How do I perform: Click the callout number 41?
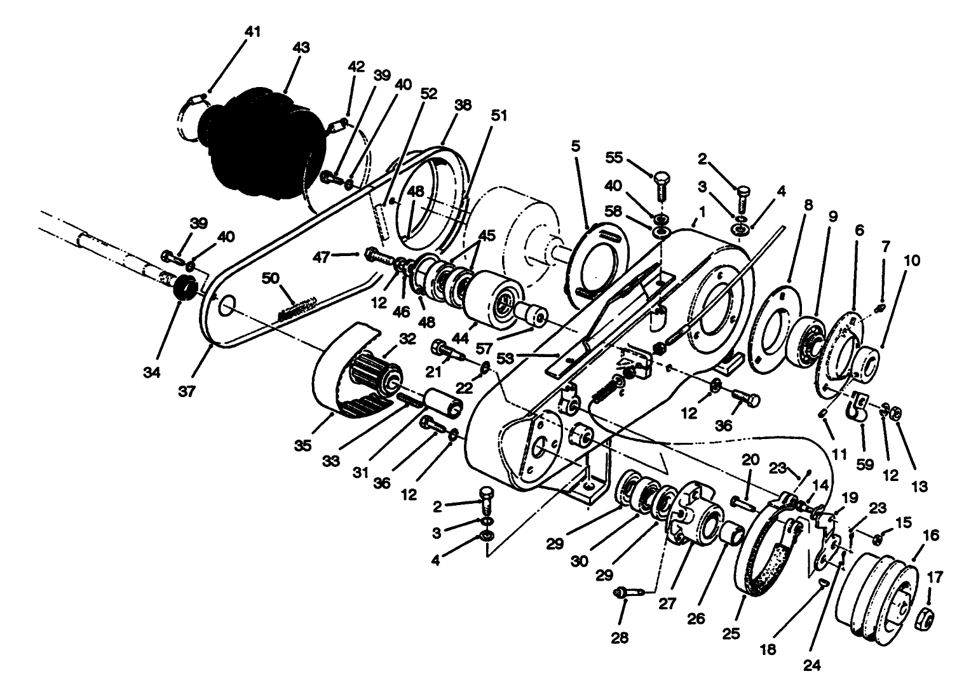[x=253, y=32]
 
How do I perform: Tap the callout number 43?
[x=301, y=48]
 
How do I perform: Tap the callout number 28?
[x=620, y=637]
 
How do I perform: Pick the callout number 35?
[x=303, y=445]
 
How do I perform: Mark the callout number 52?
[x=429, y=93]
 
